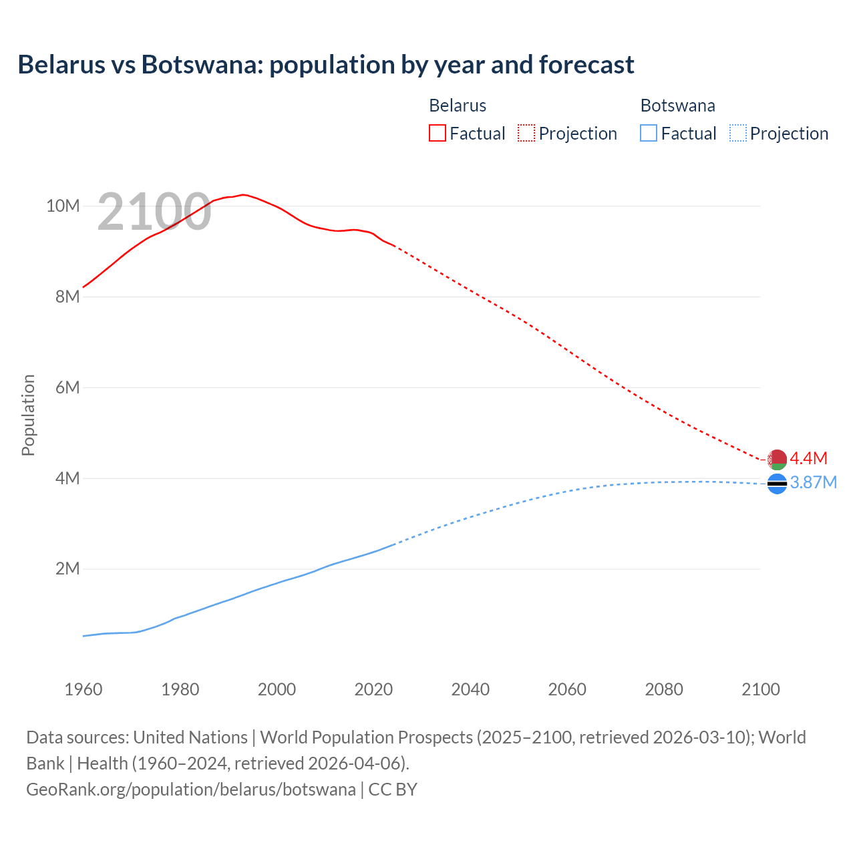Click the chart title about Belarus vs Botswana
point(326,65)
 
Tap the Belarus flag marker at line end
point(777,460)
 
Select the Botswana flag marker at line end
point(777,484)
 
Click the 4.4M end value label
point(808,458)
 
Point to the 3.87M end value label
point(813,482)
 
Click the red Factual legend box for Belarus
point(437,134)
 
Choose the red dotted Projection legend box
point(526,134)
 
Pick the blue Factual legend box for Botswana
point(649,134)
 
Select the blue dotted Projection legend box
point(737,134)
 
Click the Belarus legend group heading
point(458,106)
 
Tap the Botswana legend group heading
point(677,106)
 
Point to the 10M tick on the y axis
point(63,206)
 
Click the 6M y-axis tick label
point(67,387)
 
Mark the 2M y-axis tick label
point(67,569)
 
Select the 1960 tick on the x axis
point(83,689)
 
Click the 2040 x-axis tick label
point(470,689)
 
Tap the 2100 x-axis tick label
point(760,689)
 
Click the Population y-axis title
point(28,415)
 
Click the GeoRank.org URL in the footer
point(191,790)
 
